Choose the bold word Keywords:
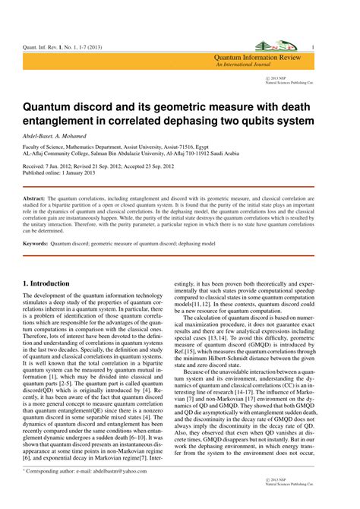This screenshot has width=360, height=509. (35, 244)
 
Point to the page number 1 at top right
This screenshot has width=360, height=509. (334, 46)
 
